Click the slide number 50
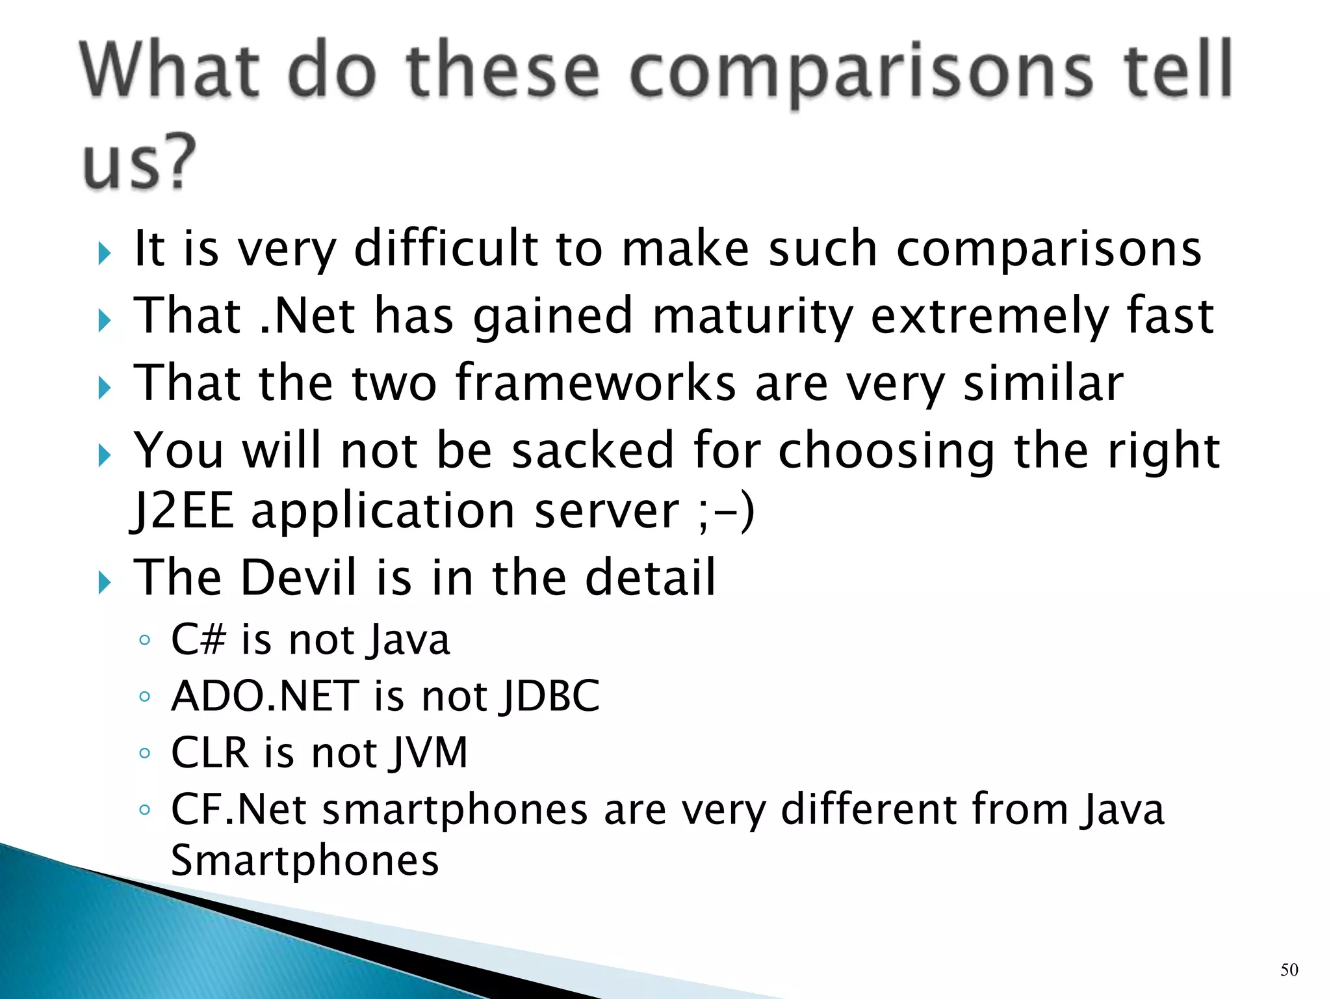(x=1289, y=970)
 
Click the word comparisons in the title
(x=862, y=73)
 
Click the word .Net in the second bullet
(x=308, y=315)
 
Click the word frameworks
(x=595, y=383)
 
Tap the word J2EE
(x=183, y=511)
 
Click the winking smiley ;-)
(x=725, y=511)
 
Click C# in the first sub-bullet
(x=198, y=639)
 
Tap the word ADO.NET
(x=265, y=696)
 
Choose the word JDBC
(x=550, y=697)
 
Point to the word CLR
(x=210, y=753)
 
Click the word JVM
(x=429, y=753)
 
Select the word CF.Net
(x=239, y=810)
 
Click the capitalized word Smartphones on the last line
(x=305, y=860)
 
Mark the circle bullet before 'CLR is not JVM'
(x=145, y=754)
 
